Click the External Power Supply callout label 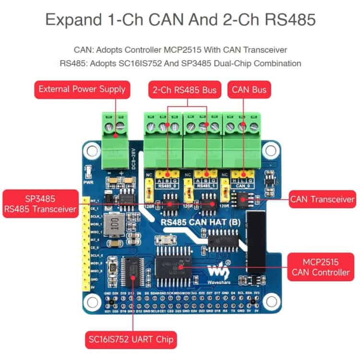coord(82,89)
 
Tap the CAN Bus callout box coord(249,89)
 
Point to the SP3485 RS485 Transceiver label coord(40,204)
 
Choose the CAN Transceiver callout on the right coord(322,199)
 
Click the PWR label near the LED coord(88,183)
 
